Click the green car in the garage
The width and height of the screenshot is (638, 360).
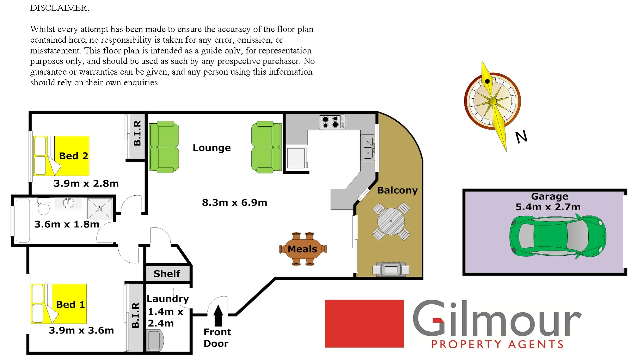558,236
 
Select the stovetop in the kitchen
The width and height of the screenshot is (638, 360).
332,122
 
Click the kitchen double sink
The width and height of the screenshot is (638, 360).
368,148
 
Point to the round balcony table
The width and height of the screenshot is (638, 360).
391,221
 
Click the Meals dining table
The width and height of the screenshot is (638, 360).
302,249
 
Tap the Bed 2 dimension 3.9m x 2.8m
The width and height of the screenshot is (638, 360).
86,183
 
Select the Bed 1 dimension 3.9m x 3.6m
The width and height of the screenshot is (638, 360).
81,330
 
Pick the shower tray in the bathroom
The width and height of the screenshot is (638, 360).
99,209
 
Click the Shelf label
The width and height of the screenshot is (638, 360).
167,274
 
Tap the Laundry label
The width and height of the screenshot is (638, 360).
167,299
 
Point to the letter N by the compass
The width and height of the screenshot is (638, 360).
521,137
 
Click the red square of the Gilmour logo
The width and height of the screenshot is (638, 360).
364,324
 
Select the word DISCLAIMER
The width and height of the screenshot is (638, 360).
60,8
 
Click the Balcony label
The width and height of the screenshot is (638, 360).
397,190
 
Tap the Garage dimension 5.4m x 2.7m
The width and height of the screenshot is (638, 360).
548,207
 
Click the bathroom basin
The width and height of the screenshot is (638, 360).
68,203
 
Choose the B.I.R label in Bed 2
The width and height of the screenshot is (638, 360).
137,133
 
